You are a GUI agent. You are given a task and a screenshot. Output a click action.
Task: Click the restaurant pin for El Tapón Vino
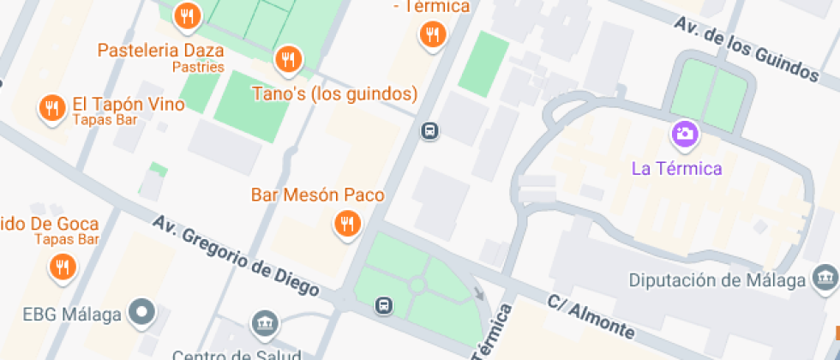click(x=53, y=108)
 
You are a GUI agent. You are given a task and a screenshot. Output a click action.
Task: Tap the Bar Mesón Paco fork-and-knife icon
click(x=347, y=225)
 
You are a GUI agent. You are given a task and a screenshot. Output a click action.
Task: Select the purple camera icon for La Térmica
click(x=685, y=133)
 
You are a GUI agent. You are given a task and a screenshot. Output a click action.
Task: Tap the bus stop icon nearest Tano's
click(x=429, y=131)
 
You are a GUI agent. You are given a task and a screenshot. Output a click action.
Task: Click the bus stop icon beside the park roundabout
click(x=385, y=305)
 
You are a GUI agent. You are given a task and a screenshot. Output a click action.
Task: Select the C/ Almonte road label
click(x=591, y=317)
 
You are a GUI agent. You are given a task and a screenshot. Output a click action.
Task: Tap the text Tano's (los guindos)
click(x=334, y=93)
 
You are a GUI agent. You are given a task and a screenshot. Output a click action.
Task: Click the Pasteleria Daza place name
click(x=161, y=50)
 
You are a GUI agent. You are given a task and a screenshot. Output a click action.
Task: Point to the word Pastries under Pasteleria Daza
click(x=198, y=67)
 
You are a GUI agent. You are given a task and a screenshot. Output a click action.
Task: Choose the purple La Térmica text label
click(x=676, y=168)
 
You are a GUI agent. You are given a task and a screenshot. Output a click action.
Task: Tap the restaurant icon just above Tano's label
click(x=288, y=60)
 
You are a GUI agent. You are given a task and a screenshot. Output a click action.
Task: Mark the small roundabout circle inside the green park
click(x=417, y=285)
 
